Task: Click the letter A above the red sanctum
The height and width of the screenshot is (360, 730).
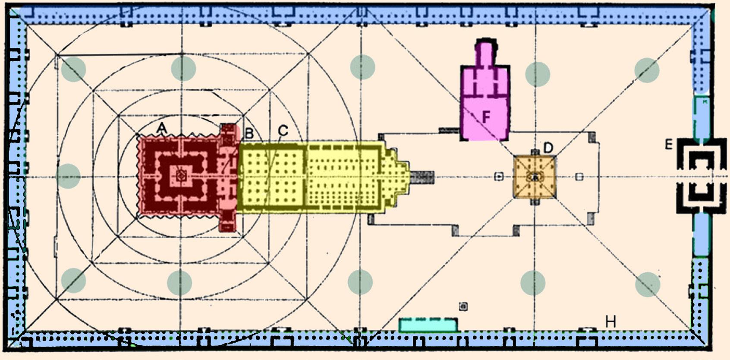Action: (161, 128)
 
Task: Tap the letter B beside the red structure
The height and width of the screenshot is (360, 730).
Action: (249, 133)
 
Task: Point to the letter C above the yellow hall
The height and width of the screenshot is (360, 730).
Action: (283, 130)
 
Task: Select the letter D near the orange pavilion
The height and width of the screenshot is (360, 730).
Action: (548, 148)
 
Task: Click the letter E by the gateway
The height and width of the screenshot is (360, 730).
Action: (668, 144)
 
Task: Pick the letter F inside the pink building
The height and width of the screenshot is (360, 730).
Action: (486, 116)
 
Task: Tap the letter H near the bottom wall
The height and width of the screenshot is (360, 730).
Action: (610, 322)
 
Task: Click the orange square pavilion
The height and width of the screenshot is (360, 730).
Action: (535, 177)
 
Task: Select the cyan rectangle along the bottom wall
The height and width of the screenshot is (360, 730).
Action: (428, 325)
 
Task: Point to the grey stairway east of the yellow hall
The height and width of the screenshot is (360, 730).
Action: (422, 177)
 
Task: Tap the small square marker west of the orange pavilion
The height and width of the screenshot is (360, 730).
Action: (499, 177)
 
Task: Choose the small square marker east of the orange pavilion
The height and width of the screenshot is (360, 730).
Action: (580, 177)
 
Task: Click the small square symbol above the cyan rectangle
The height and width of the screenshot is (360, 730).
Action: (463, 306)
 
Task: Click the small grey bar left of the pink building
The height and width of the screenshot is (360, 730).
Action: (449, 130)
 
